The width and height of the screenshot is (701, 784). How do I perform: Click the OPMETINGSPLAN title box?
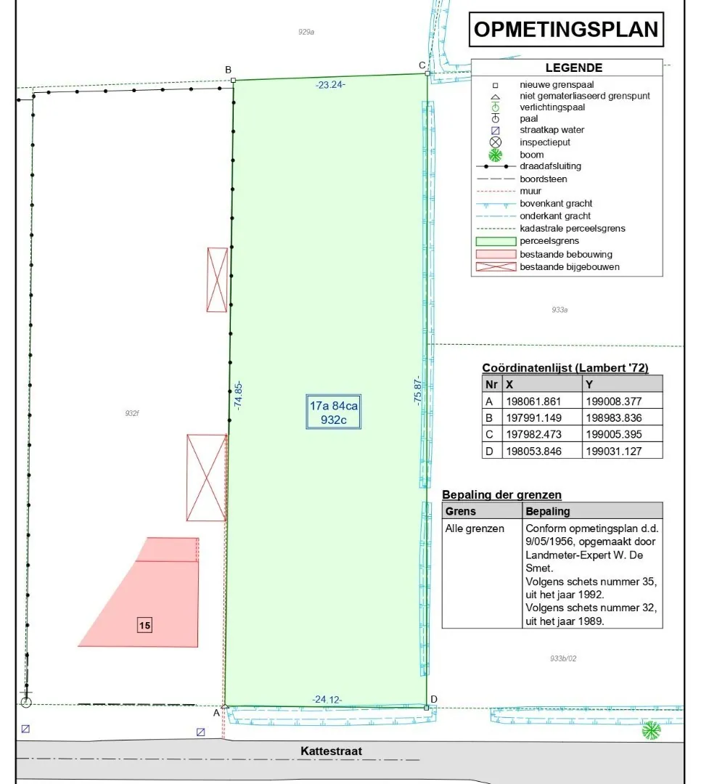point(566,30)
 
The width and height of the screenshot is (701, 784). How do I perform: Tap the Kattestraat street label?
point(331,751)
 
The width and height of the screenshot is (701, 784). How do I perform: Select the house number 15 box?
point(144,625)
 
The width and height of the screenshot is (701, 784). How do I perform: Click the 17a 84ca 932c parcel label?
point(334,412)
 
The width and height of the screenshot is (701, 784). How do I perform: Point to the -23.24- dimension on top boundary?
point(330,84)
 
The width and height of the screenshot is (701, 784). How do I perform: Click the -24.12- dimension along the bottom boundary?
point(327,700)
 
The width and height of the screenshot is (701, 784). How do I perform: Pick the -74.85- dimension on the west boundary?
point(238,396)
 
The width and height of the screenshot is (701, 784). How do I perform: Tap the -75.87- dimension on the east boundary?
point(417,390)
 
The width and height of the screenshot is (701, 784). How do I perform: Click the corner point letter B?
point(228,70)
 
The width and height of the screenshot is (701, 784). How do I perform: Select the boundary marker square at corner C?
point(427,73)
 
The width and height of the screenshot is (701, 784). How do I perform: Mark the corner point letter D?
point(433,699)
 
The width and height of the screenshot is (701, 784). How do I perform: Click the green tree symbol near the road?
point(651,730)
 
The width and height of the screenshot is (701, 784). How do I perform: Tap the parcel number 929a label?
point(306,32)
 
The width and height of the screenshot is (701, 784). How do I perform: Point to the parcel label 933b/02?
point(563,658)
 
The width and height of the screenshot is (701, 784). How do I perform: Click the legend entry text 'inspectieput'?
point(545,142)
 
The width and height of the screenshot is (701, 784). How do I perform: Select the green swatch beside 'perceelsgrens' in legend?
point(496,241)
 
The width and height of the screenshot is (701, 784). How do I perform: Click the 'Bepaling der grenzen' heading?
point(501,494)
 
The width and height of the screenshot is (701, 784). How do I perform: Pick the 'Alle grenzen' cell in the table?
point(475,528)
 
